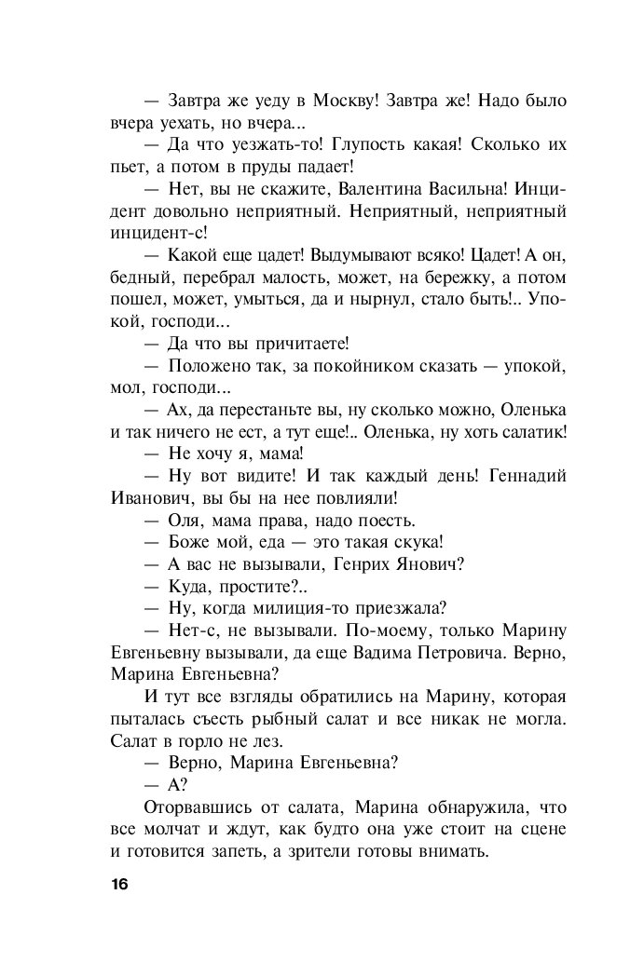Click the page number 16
tap(117, 883)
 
